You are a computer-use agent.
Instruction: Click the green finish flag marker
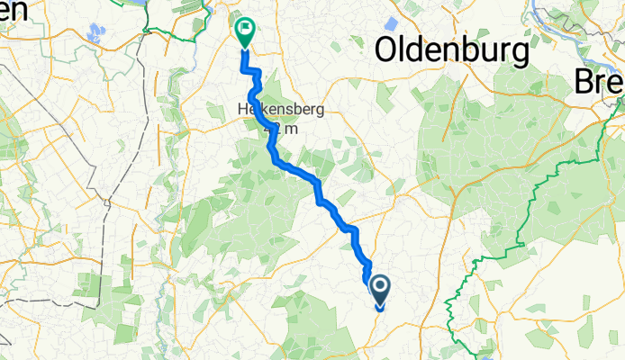click(x=244, y=31)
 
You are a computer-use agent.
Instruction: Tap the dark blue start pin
click(x=379, y=291)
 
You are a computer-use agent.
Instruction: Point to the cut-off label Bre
click(x=600, y=82)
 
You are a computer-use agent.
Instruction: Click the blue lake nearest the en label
click(x=94, y=35)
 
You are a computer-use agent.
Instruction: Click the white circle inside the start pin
click(x=379, y=287)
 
